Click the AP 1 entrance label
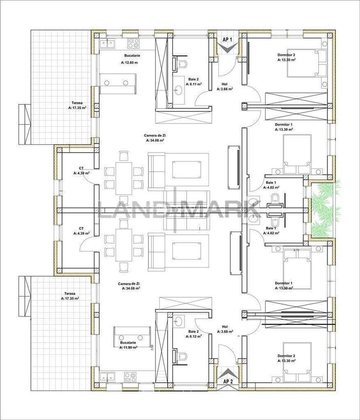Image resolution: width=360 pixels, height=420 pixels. click(227, 40)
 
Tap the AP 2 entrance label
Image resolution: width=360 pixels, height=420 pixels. click(227, 381)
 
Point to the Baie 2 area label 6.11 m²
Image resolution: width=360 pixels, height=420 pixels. click(193, 82)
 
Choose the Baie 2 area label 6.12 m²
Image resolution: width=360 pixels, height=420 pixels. click(193, 334)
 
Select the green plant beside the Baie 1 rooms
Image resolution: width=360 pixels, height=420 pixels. click(325, 208)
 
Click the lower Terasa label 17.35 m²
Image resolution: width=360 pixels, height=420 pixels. click(70, 296)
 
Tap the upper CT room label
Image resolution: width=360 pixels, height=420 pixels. click(81, 170)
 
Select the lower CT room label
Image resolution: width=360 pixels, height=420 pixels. click(81, 231)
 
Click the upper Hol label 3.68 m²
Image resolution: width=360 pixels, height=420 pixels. click(225, 86)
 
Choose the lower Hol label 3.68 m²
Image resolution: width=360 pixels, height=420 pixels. click(225, 329)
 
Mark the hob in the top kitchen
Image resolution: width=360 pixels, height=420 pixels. click(134, 43)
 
